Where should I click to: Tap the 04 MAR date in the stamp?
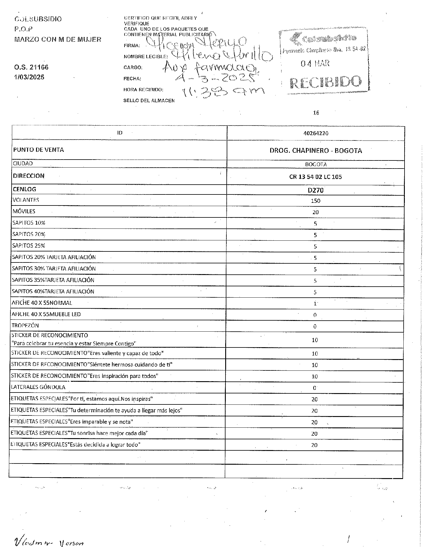tap(315, 63)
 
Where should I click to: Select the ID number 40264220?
tap(316, 133)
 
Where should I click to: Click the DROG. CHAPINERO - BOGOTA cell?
tap(316, 151)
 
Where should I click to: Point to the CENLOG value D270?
tap(316, 190)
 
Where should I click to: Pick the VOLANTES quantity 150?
tap(315, 201)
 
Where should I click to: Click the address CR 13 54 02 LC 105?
tap(315, 177)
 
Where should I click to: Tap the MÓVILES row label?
tap(24, 211)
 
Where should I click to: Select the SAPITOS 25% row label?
tap(29, 246)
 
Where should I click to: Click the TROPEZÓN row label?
tap(25, 325)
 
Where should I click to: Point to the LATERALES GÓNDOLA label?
tap(38, 387)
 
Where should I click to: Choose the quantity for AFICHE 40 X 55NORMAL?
tap(315, 304)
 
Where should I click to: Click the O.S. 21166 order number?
tap(31, 67)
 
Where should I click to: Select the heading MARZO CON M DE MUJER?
tap(58, 39)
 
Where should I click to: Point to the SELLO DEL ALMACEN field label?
tap(149, 101)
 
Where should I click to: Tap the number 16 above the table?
tap(316, 113)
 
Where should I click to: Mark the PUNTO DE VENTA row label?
tap(38, 150)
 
